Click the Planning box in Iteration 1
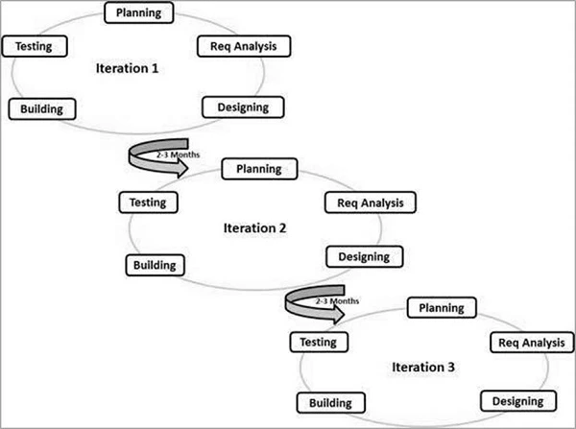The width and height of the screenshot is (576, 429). click(x=138, y=12)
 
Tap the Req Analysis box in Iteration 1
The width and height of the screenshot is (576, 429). click(x=243, y=45)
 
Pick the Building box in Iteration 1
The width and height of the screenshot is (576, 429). click(x=41, y=108)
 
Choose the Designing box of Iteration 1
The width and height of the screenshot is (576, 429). click(x=236, y=106)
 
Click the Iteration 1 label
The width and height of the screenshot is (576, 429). click(x=127, y=69)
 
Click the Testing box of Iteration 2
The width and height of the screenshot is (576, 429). click(x=147, y=203)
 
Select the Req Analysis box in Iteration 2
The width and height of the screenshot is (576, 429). click(x=371, y=203)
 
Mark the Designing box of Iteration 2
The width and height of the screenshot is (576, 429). click(x=364, y=256)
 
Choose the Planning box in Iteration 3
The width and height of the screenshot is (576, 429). click(x=442, y=308)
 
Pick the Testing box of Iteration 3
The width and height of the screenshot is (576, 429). click(x=318, y=342)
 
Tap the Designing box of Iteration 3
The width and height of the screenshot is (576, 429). click(x=517, y=400)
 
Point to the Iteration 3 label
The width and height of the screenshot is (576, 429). click(x=423, y=367)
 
